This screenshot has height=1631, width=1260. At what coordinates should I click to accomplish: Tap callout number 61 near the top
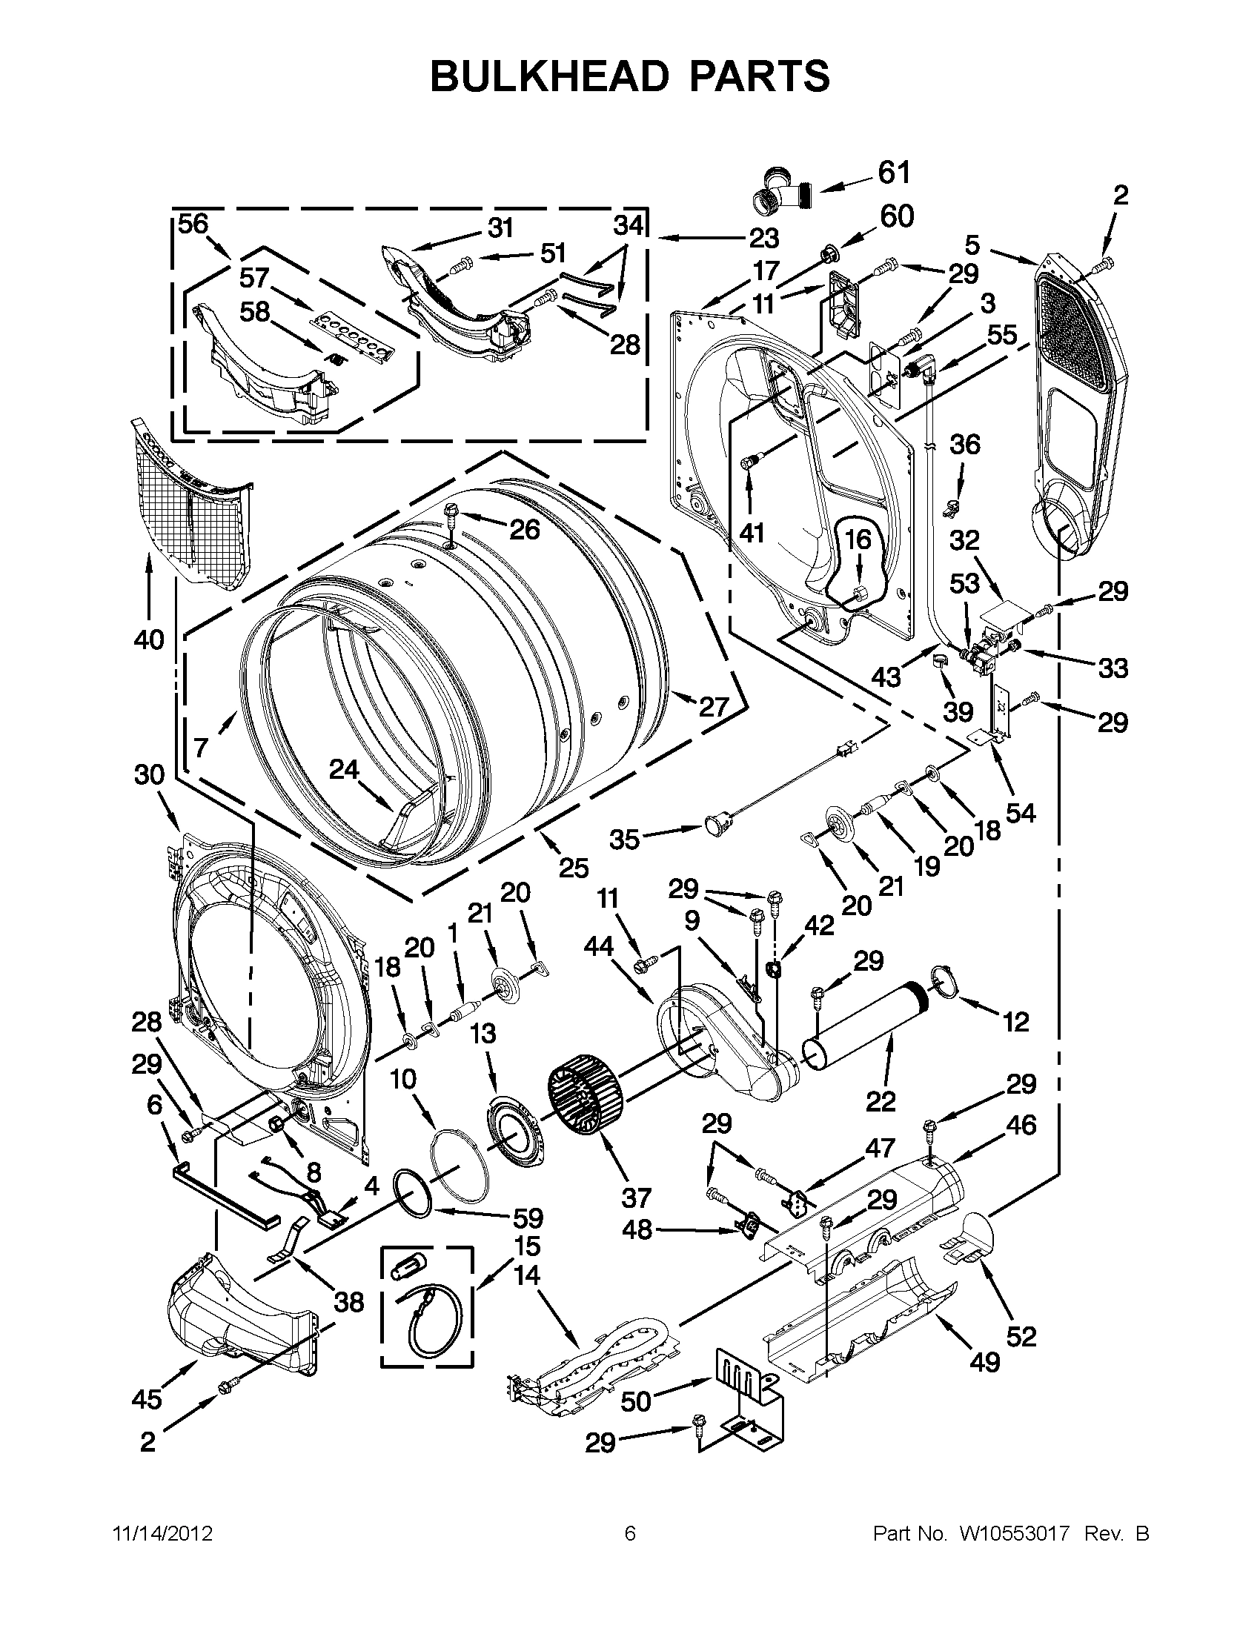(894, 173)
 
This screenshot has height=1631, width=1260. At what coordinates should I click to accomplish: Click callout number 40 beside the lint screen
(149, 640)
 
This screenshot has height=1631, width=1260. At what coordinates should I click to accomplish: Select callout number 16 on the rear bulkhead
(858, 539)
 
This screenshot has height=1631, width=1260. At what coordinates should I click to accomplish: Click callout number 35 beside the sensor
(624, 840)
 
